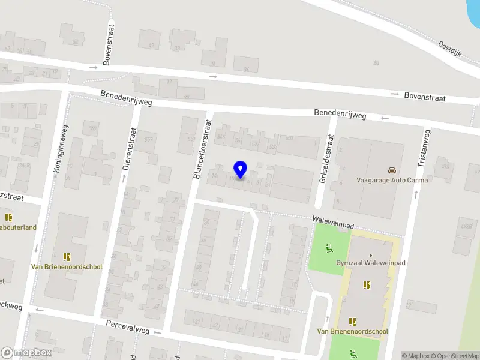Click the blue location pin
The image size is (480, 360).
pyautogui.click(x=240, y=169)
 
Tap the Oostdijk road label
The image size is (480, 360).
pyautogui.click(x=449, y=49)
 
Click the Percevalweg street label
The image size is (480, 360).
pyautogui.click(x=127, y=327)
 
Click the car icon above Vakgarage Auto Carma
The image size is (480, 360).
pyautogui.click(x=391, y=170)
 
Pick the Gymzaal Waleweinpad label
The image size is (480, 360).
pyautogui.click(x=371, y=265)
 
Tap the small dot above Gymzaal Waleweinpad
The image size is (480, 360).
pyautogui.click(x=370, y=256)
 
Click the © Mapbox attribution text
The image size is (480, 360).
pyautogui.click(x=415, y=356)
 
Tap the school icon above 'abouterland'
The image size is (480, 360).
pyautogui.click(x=8, y=217)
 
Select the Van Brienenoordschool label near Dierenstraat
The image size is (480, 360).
pyautogui.click(x=67, y=267)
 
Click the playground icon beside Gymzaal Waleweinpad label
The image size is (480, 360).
pyautogui.click(x=329, y=248)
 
